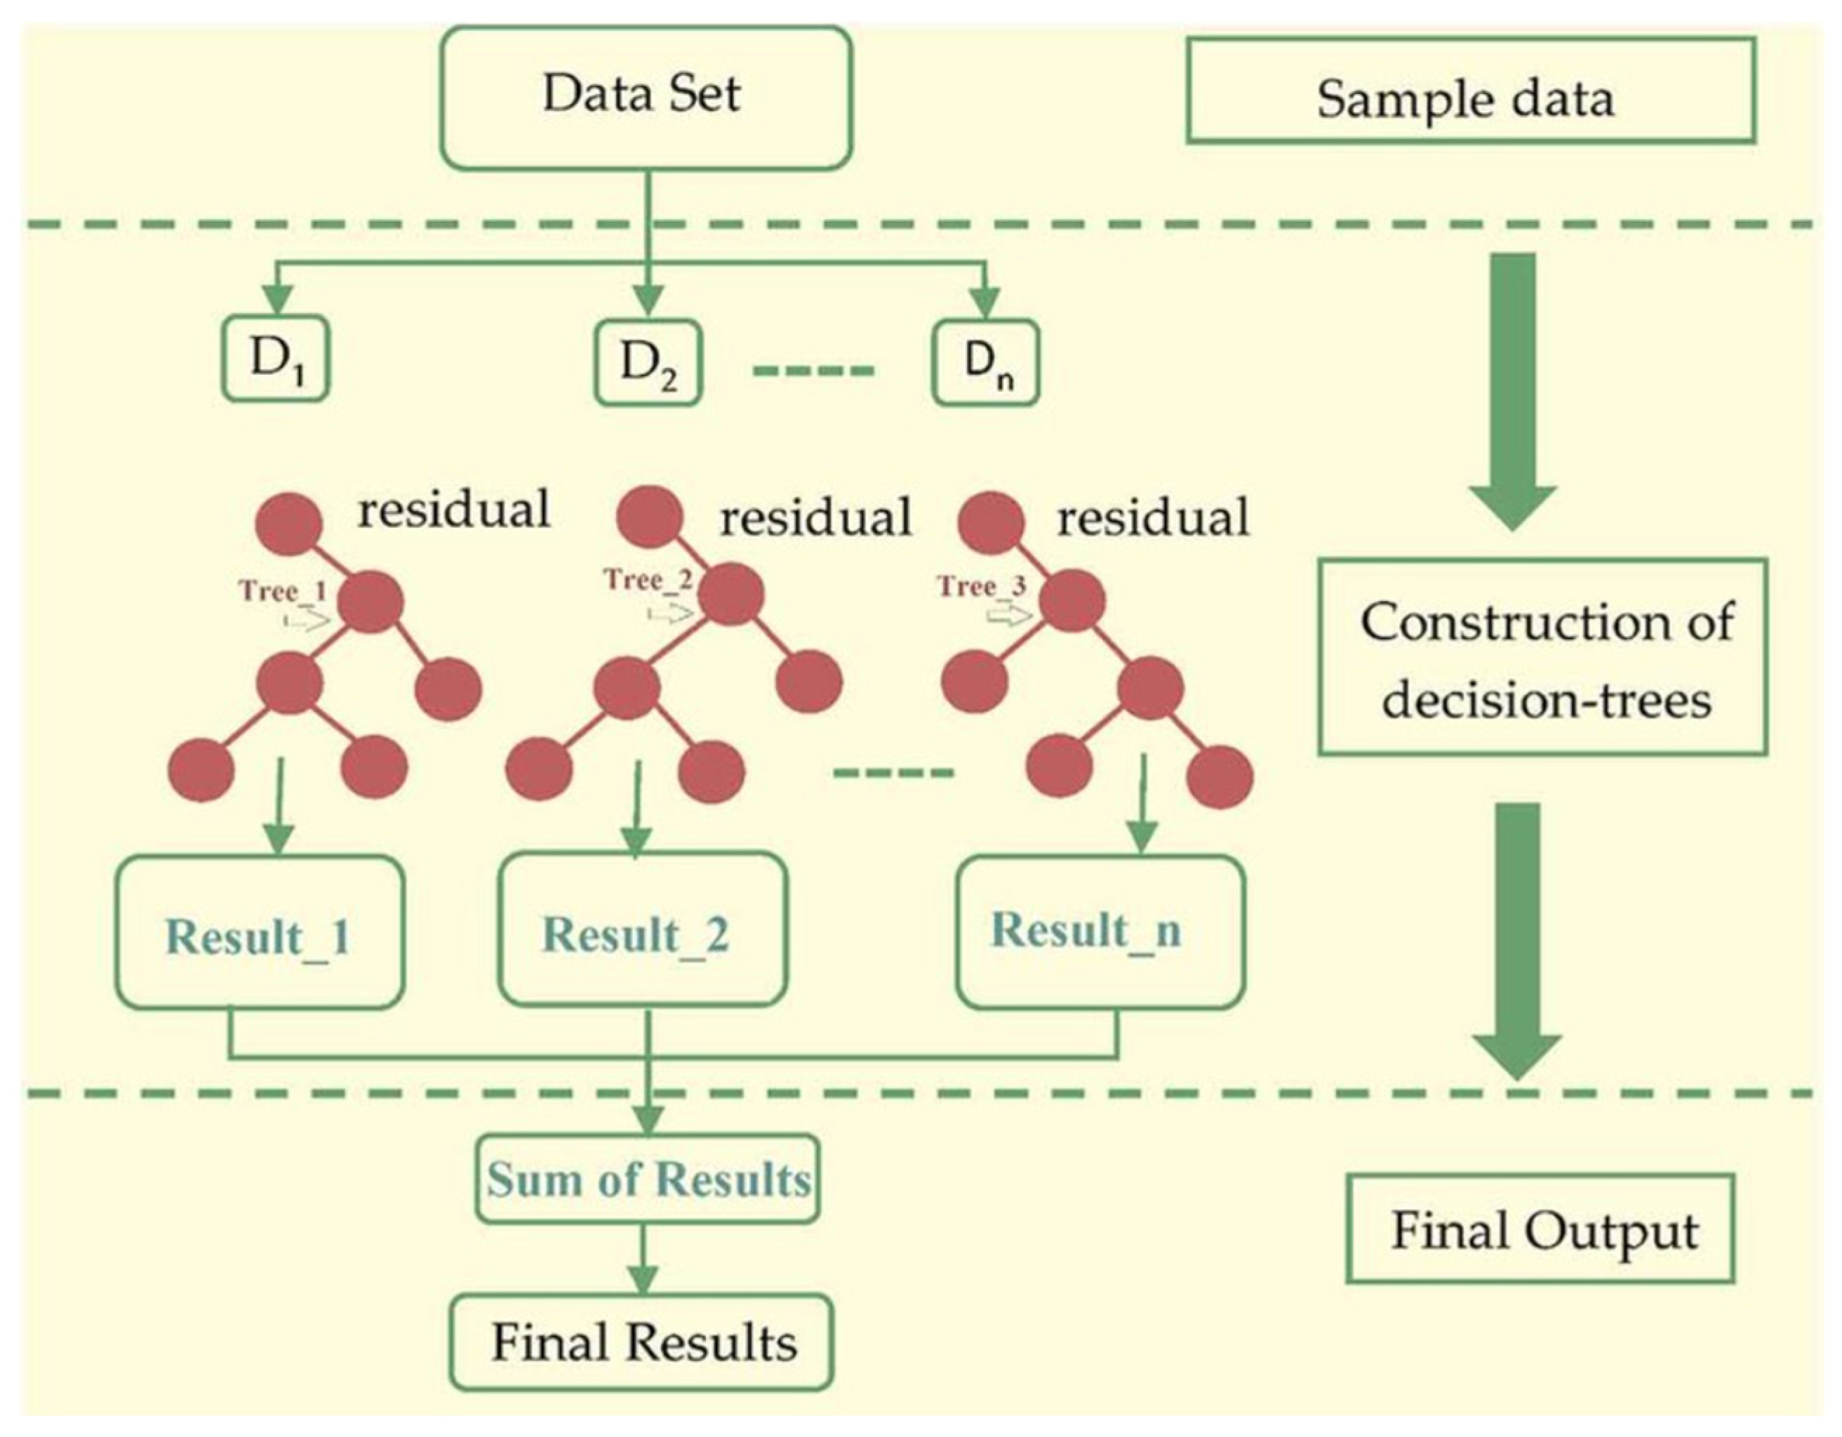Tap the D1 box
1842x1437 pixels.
[275, 359]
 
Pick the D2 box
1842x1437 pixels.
[648, 363]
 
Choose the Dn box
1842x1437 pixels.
[985, 363]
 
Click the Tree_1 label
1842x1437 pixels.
[283, 590]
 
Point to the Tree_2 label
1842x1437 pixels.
[648, 580]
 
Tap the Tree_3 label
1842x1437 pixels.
[982, 585]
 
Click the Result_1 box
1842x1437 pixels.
[260, 932]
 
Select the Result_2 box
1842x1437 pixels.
[642, 930]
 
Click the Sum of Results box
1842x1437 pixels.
[648, 1179]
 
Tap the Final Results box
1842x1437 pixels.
[642, 1342]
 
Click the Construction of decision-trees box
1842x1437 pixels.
[1542, 656]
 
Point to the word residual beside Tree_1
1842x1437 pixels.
[454, 509]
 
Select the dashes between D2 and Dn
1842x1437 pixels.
[814, 369]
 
